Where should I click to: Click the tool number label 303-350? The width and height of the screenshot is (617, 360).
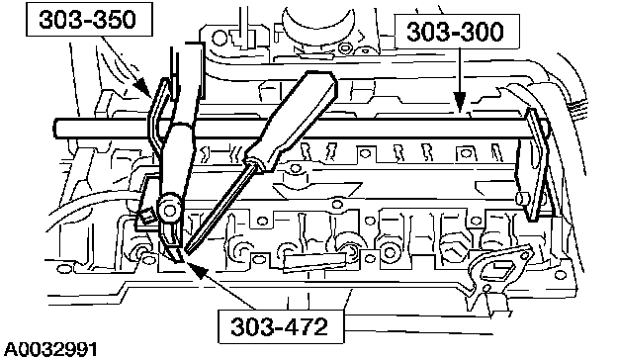click(x=87, y=19)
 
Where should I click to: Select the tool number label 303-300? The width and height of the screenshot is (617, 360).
click(x=455, y=32)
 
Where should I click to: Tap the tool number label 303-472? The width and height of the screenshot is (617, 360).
click(x=279, y=326)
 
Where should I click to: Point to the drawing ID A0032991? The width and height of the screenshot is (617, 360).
click(x=50, y=349)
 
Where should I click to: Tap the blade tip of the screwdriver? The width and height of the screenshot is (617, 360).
click(x=187, y=250)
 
